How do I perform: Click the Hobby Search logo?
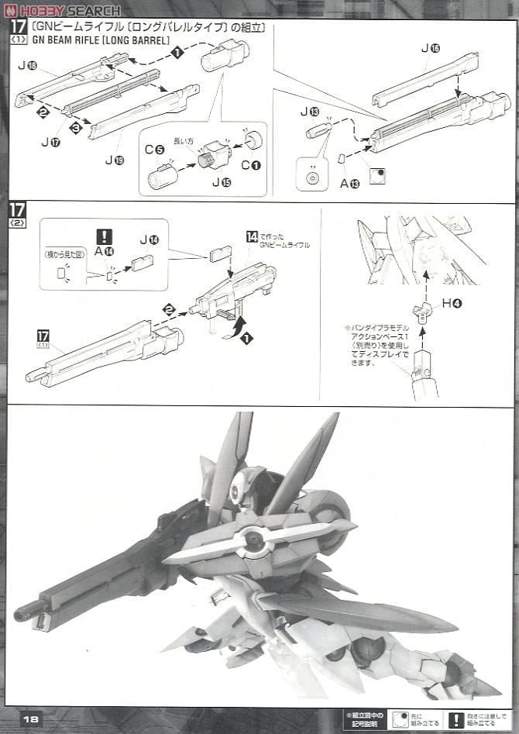click(62, 10)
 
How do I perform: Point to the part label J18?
click(27, 66)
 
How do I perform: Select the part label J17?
click(50, 142)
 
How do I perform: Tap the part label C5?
click(154, 150)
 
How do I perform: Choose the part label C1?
click(251, 165)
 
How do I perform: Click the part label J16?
click(430, 48)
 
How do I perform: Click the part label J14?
click(149, 240)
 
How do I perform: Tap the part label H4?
click(452, 303)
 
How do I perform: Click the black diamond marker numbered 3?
click(75, 128)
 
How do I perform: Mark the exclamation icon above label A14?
click(105, 236)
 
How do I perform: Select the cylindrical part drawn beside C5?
click(163, 176)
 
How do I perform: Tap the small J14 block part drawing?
click(142, 264)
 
